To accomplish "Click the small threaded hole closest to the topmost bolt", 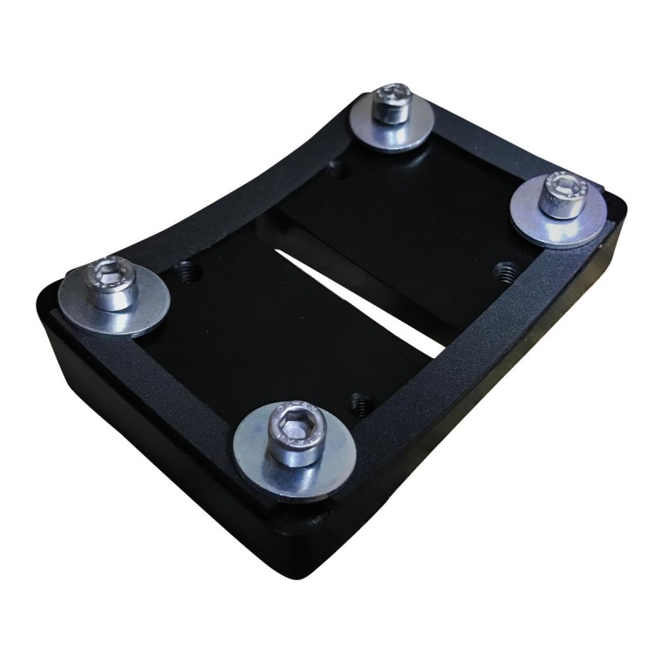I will click(x=336, y=172).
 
